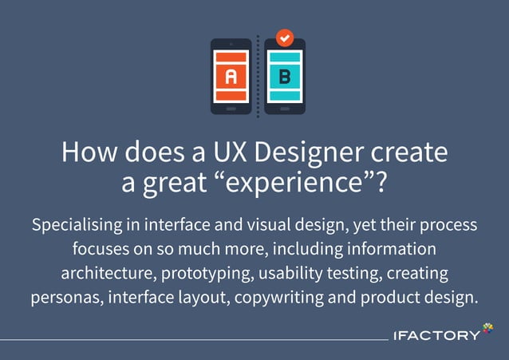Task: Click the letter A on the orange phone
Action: click(x=231, y=77)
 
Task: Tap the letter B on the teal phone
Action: click(x=284, y=77)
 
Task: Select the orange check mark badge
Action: click(x=284, y=38)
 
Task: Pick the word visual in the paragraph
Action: click(x=276, y=225)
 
